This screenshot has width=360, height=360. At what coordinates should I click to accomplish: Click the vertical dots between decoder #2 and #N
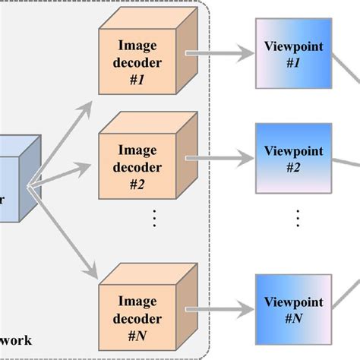point(154,218)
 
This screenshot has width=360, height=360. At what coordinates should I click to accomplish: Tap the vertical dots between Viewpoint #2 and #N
point(298,218)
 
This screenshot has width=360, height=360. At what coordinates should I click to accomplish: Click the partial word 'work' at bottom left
point(15,340)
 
